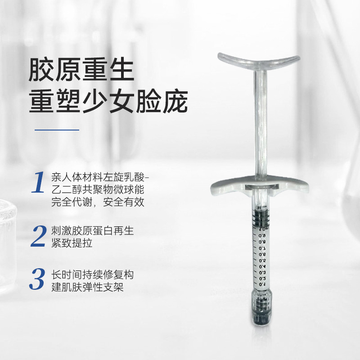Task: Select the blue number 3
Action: [37, 279]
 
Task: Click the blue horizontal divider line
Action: [57, 130]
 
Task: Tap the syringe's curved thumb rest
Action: [259, 60]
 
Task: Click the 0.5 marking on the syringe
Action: [262, 261]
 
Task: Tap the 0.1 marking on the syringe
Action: [262, 284]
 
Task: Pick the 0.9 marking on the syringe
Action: [262, 236]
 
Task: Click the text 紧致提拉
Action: [72, 243]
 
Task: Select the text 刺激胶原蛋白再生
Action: [92, 231]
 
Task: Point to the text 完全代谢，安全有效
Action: [98, 202]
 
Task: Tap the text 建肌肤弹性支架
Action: [87, 287]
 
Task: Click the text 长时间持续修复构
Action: [92, 274]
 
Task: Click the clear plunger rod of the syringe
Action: [261, 124]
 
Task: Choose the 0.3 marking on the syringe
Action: [262, 273]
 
